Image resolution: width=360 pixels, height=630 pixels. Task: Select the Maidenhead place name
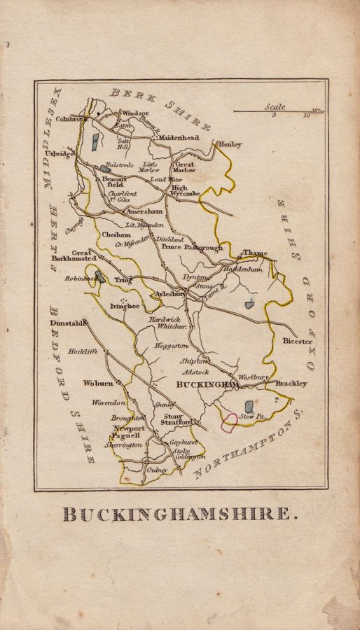[179, 139]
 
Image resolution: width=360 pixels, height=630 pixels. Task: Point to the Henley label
[230, 144]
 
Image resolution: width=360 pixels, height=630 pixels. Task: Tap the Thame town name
[255, 253]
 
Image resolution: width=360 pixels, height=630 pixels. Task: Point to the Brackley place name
[291, 384]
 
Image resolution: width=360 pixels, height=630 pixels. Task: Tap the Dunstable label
[67, 323]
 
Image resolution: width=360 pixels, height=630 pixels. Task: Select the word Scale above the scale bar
[275, 107]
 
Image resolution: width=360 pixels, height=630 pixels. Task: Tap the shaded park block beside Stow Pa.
[249, 406]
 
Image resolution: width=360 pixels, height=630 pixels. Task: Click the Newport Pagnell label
[129, 431]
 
